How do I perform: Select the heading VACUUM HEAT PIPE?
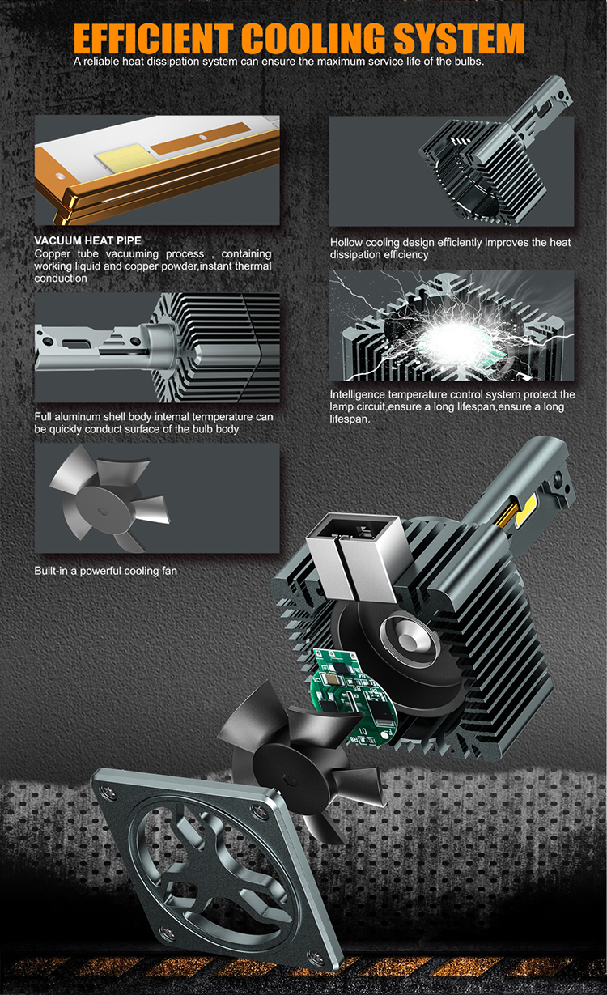tap(88, 240)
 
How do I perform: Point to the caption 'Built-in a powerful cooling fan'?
tap(106, 571)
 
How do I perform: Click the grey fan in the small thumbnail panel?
tap(108, 499)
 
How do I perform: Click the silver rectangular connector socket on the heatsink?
tap(358, 556)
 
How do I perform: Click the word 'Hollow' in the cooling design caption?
tap(346, 243)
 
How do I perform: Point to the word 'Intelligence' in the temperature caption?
tap(358, 395)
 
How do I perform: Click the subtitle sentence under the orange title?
tap(278, 62)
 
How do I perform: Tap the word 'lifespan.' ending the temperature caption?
tap(350, 419)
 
